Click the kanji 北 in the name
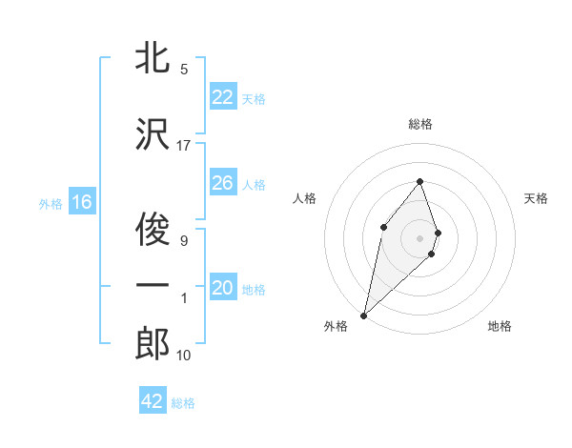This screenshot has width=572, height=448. pyautogui.click(x=153, y=58)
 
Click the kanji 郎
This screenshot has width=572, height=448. pyautogui.click(x=153, y=344)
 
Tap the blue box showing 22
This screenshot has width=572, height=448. pyautogui.click(x=223, y=97)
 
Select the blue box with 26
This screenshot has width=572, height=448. pyautogui.click(x=223, y=183)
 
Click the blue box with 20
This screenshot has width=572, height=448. pyautogui.click(x=223, y=288)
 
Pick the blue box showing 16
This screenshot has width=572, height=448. pyautogui.click(x=82, y=202)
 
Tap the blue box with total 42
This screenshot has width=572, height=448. pyautogui.click(x=153, y=401)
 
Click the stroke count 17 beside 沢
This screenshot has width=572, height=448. pyautogui.click(x=184, y=145)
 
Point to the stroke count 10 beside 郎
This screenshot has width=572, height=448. pyautogui.click(x=184, y=356)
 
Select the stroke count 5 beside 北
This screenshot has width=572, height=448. pyautogui.click(x=184, y=70)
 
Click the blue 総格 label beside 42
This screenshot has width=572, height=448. pyautogui.click(x=183, y=403)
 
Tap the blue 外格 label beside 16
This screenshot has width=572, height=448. pyautogui.click(x=51, y=203)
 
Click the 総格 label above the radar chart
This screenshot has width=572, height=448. pyautogui.click(x=420, y=124)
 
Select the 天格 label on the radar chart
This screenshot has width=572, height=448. pyautogui.click(x=537, y=198)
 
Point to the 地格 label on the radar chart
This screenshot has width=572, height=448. pyautogui.click(x=500, y=327)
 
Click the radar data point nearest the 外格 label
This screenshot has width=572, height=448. pyautogui.click(x=363, y=315)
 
